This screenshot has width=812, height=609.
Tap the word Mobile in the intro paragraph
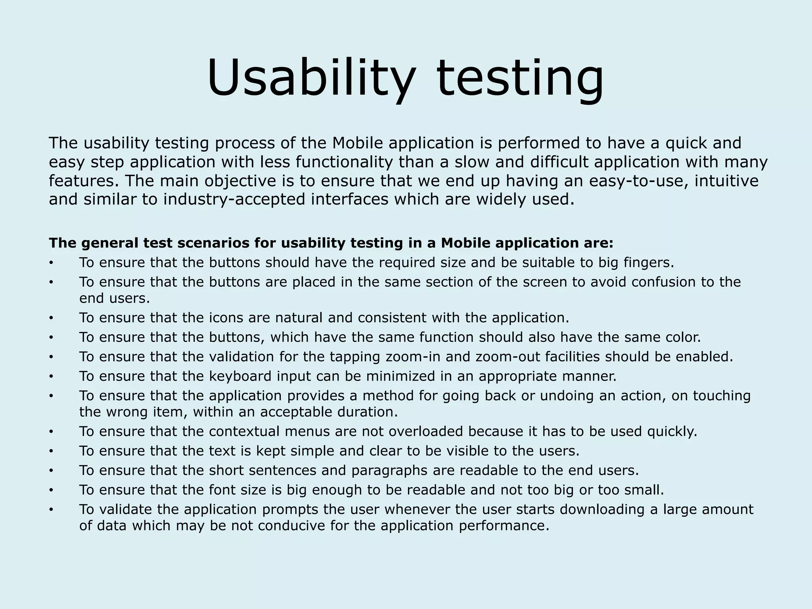[357, 143]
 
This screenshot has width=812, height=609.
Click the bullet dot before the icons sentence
[51, 319]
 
